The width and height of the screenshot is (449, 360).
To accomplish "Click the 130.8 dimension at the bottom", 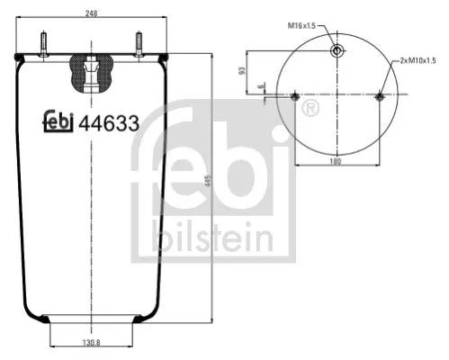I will pyautogui.click(x=87, y=342).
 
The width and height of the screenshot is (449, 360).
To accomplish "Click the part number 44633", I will pyautogui.click(x=109, y=126).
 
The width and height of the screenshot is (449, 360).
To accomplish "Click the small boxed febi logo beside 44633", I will pyautogui.click(x=59, y=126).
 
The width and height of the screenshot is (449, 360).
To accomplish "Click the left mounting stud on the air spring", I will pyautogui.click(x=41, y=45).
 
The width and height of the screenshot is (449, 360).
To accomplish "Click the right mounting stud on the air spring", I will pyautogui.click(x=139, y=45).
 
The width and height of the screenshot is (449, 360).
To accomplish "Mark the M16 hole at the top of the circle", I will pyautogui.click(x=337, y=50).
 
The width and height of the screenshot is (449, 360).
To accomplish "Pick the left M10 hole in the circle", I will pyautogui.click(x=296, y=96).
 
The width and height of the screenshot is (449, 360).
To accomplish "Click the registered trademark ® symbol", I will pyautogui.click(x=311, y=109).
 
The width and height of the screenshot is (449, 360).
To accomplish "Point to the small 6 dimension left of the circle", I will pyautogui.click(x=258, y=87).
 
